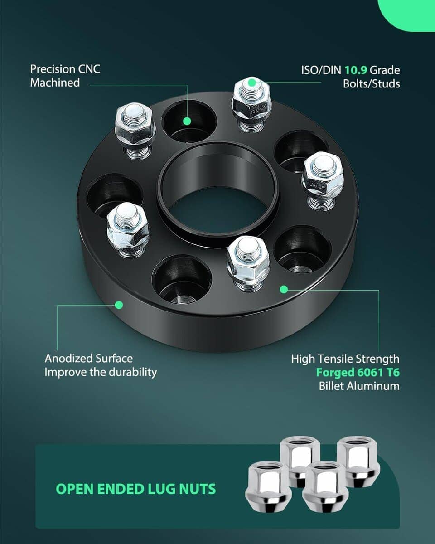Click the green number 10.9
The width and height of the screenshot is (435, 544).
coord(356,70)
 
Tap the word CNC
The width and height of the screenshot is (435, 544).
coord(89,69)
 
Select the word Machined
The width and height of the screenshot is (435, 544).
coord(55,83)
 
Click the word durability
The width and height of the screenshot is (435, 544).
coord(133,372)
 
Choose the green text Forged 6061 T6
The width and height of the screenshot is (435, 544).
coord(358,372)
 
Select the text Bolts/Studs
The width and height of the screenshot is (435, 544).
coord(371,84)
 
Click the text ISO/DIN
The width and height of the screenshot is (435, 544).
coord(321,70)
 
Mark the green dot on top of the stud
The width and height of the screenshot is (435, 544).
coord(252,83)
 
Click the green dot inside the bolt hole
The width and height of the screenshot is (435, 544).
coord(187,121)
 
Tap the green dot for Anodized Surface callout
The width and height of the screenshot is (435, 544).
coord(119,305)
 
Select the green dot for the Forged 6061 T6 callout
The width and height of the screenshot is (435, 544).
coord(284,289)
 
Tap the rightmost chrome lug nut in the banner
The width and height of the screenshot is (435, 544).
coord(359,461)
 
